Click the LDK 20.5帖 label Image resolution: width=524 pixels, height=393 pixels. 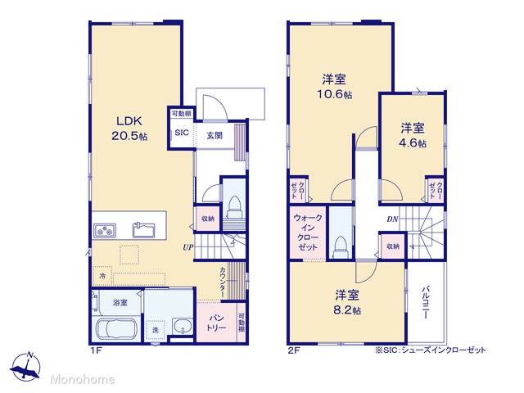(129, 129)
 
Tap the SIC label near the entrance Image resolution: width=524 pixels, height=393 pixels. (182, 133)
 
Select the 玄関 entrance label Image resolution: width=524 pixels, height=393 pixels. (215, 135)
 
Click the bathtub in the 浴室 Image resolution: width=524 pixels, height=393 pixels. (116, 329)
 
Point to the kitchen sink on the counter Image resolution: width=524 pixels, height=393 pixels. (144, 229)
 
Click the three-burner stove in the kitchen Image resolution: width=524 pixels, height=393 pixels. (105, 230)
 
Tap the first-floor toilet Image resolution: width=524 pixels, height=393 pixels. (234, 206)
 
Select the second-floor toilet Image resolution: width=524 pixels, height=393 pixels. (341, 247)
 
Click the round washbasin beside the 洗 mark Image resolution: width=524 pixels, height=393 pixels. (183, 326)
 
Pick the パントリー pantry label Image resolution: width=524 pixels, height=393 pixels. (216, 322)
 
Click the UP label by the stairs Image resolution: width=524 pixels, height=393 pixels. (187, 247)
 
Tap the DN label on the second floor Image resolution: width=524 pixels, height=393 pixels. (392, 219)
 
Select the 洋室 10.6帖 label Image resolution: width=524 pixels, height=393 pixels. (334, 87)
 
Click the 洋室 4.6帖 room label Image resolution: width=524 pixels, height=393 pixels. (413, 135)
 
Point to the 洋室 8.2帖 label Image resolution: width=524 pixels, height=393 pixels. (347, 302)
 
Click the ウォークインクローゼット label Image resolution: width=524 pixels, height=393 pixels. (308, 233)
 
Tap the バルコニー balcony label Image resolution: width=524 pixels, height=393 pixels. (426, 302)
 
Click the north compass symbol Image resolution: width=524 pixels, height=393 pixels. (26, 367)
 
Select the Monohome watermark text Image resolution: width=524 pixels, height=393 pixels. (83, 380)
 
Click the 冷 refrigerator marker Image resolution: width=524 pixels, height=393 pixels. (102, 276)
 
